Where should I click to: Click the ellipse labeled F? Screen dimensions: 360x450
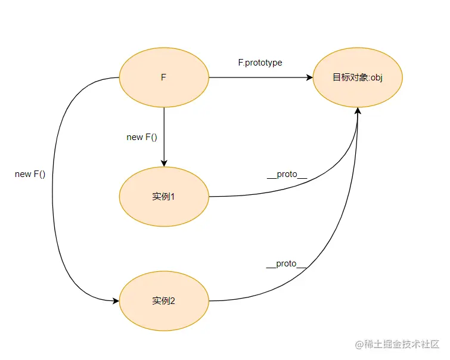(164, 78)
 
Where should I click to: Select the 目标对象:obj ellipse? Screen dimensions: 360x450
(358, 78)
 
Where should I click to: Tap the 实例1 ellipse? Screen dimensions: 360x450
(164, 197)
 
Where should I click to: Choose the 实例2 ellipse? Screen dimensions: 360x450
(164, 300)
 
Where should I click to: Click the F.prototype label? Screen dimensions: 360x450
(260, 63)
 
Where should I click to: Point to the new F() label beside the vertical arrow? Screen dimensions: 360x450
(142, 138)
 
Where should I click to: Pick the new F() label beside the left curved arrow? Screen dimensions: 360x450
(30, 174)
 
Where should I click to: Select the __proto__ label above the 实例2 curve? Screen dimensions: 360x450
(287, 264)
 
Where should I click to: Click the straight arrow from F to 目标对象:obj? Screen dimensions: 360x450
(256, 78)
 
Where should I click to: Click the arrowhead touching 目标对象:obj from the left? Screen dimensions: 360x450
(309, 78)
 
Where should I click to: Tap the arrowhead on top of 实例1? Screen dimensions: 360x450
(164, 163)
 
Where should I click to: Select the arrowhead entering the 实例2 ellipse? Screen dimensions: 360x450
(116, 300)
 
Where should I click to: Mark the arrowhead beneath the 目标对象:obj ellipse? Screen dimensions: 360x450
(358, 112)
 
